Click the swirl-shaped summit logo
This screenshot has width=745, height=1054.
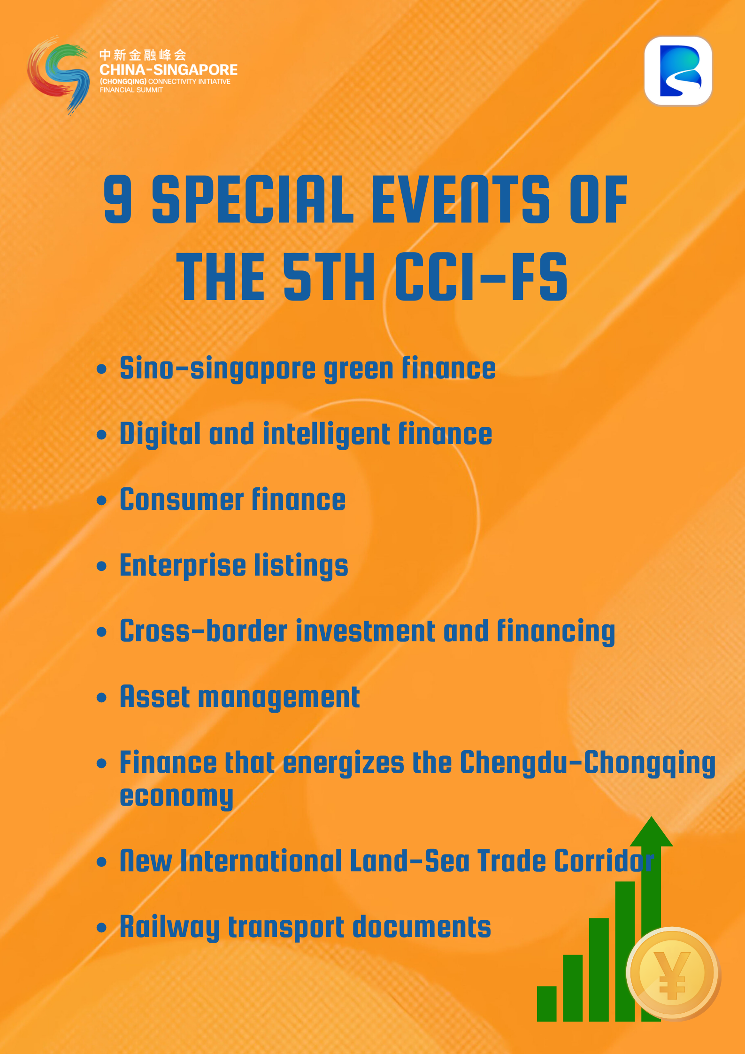pos(58,75)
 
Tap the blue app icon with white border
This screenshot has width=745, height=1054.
pos(678,71)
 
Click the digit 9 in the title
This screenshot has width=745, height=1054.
pos(118,199)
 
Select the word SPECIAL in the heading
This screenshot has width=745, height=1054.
pos(253,199)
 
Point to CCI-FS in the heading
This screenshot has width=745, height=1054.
pos(482,277)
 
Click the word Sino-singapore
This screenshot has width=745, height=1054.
pos(218,369)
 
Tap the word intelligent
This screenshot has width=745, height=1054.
pos(326,434)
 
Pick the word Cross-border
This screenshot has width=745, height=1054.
pos(203,631)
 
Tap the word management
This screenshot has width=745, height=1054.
pos(279,698)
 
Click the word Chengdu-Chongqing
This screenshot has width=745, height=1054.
pos(588,763)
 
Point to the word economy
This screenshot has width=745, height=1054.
pos(177,797)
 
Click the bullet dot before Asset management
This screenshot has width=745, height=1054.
pos(101,698)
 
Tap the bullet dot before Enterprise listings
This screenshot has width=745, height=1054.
pos(101,566)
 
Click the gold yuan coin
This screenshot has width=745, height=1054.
pos(672,973)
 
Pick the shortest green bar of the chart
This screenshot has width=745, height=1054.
pos(546,1004)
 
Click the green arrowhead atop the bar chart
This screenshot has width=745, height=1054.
pos(651,831)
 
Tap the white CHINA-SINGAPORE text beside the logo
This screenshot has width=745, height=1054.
pos(169,70)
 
